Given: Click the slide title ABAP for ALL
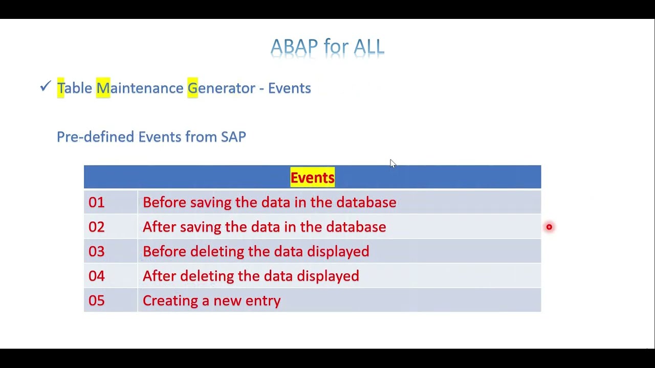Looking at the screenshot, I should pyautogui.click(x=327, y=47).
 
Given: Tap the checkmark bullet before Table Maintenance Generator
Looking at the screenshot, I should pyautogui.click(x=45, y=86).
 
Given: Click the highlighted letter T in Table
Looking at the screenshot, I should pyautogui.click(x=60, y=88).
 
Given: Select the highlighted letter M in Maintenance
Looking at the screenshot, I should pyautogui.click(x=103, y=88).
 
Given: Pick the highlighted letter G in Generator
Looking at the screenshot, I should pyautogui.click(x=192, y=88).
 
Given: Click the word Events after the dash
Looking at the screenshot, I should pyautogui.click(x=289, y=88).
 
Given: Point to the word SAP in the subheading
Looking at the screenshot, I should pyautogui.click(x=233, y=137).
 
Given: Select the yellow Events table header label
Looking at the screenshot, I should pyautogui.click(x=312, y=177).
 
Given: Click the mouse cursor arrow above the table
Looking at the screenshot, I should pyautogui.click(x=392, y=164).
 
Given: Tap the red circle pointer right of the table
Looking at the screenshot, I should pyautogui.click(x=549, y=227).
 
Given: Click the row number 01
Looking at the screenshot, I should pyautogui.click(x=96, y=202).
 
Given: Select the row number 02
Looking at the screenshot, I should pyautogui.click(x=96, y=227).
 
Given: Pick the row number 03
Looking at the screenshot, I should pyautogui.click(x=96, y=251).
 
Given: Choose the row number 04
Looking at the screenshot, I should pyautogui.click(x=96, y=276).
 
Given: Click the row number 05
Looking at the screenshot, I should pyautogui.click(x=96, y=301).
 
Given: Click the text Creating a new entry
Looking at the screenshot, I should pyautogui.click(x=211, y=301).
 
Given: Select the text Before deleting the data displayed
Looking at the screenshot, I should pyautogui.click(x=256, y=251).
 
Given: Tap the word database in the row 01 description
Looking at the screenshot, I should pyautogui.click(x=366, y=202).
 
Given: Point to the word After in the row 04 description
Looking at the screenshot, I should pyautogui.click(x=159, y=276).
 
